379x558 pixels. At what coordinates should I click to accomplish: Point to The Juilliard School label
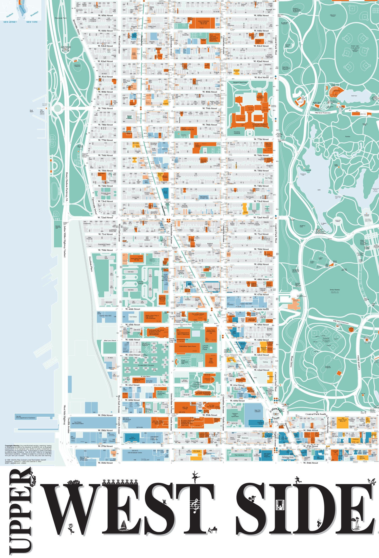(198, 314)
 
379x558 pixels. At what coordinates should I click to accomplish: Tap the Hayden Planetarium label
(260, 96)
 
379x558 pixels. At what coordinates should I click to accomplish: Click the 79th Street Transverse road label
(323, 113)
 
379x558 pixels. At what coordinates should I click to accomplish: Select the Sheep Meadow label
(335, 290)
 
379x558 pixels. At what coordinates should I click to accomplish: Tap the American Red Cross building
(162, 298)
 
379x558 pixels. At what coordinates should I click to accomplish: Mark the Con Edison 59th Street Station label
(78, 423)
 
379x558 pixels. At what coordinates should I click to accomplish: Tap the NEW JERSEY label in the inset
(10, 22)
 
